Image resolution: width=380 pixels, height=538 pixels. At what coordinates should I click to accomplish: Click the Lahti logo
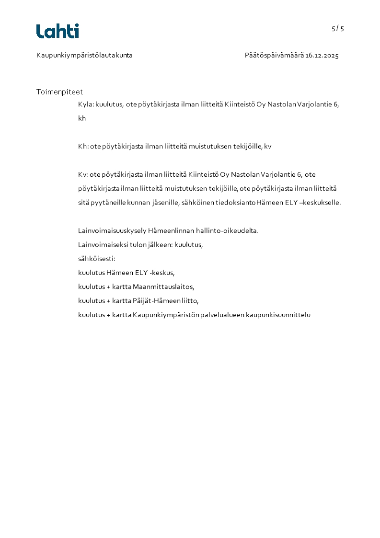pos(58,31)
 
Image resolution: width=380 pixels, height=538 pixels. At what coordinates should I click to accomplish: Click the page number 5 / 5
pos(338,28)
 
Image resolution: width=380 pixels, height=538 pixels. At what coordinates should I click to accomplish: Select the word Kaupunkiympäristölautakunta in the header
pos(84,56)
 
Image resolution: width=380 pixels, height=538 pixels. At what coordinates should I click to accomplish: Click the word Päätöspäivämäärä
pos(274,56)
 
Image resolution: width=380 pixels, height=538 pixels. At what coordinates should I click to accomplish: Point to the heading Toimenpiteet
pos(59,92)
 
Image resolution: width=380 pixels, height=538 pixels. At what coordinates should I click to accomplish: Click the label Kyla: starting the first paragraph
pos(86,104)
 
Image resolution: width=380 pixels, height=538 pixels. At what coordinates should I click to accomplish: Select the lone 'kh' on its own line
pos(82,118)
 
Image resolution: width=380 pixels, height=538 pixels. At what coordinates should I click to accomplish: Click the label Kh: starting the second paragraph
pos(83,147)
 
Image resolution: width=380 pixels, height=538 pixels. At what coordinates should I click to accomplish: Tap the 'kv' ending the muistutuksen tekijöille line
pos(267,147)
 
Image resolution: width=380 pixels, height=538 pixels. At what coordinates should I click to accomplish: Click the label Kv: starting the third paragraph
pos(83,174)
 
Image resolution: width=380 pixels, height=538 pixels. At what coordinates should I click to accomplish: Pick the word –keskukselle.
pos(323,203)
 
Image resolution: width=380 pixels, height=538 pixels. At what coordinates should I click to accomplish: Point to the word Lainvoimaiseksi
pos(101,245)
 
